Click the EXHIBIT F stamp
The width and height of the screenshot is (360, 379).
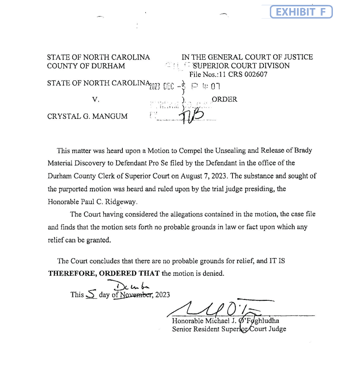tap(301, 12)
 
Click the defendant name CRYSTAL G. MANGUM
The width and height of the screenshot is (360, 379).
tap(87, 116)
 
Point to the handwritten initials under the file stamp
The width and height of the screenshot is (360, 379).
tap(193, 116)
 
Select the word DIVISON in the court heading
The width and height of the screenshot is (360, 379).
tap(273, 66)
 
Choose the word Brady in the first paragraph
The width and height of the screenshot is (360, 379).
tap(302, 151)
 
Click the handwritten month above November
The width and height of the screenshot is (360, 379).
tap(124, 286)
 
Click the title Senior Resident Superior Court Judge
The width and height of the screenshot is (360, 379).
tap(229, 329)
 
